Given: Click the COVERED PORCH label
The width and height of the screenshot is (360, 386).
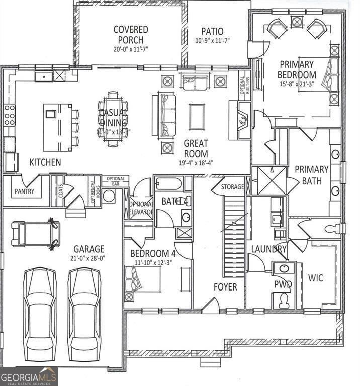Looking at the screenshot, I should (x=130, y=35).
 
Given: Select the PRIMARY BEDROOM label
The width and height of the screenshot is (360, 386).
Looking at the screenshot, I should (x=297, y=69).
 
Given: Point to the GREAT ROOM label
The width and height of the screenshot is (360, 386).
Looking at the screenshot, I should (x=196, y=148).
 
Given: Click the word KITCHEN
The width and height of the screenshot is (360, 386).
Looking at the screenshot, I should (x=45, y=162).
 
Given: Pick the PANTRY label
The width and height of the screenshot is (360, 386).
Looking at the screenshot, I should (x=24, y=191).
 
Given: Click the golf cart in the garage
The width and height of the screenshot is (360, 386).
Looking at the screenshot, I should (x=36, y=233).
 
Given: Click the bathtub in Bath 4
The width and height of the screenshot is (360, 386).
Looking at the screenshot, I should (x=168, y=184).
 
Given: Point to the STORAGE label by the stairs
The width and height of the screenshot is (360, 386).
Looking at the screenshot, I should (x=233, y=187).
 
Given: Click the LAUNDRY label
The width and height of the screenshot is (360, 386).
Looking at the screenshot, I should (x=268, y=249).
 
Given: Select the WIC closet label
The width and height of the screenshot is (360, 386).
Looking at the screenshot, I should (x=316, y=278).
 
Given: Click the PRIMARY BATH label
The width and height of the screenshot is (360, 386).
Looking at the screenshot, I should (x=311, y=174).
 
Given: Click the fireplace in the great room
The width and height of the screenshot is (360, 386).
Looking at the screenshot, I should (x=242, y=120).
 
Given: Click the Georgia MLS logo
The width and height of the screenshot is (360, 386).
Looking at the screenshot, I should (x=29, y=376).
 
